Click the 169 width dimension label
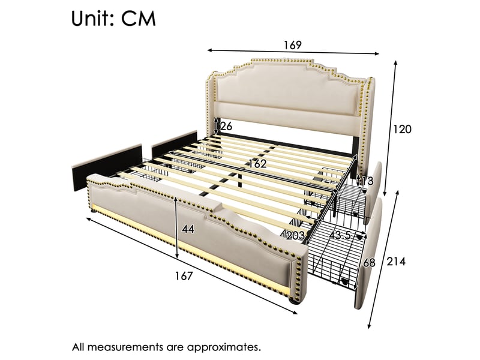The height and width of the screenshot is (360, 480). [x=292, y=45]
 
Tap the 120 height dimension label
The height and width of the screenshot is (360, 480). [x=402, y=130]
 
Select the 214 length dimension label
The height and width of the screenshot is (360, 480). [x=396, y=262]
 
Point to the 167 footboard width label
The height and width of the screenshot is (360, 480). [x=184, y=276]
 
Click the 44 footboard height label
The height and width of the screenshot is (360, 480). [x=188, y=229]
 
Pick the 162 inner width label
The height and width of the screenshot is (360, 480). [x=257, y=164]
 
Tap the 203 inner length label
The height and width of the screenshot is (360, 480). [x=295, y=235]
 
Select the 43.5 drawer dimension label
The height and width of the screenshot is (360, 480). [x=340, y=235]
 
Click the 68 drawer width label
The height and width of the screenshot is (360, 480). [x=368, y=263]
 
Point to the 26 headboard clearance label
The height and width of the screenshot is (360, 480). [x=226, y=126]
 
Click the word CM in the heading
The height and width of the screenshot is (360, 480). [x=139, y=19]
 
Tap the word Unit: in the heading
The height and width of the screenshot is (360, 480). [x=93, y=19]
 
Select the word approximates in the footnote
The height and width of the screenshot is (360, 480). [x=224, y=347]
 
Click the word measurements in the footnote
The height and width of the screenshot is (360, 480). [x=128, y=347]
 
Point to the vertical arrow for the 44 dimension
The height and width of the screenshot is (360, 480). [x=176, y=227]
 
